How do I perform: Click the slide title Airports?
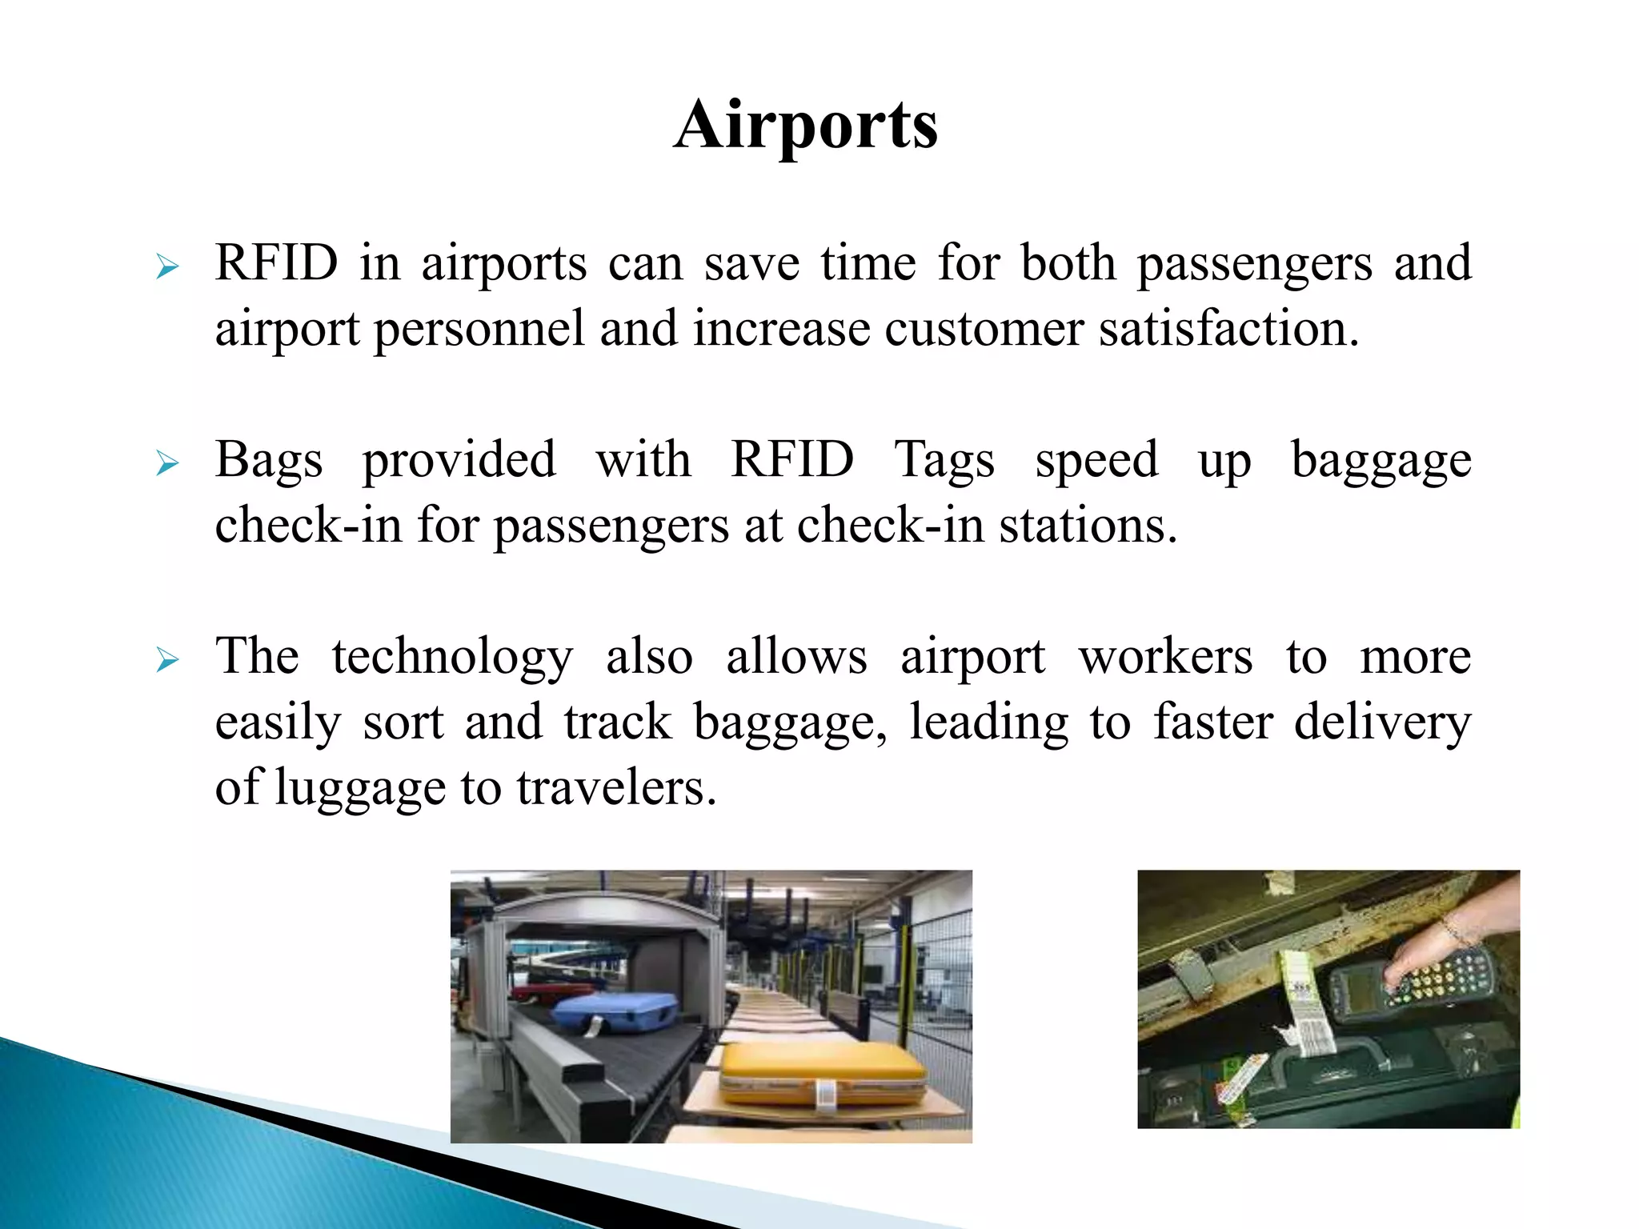coord(805,126)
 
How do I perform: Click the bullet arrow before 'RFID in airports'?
coord(167,266)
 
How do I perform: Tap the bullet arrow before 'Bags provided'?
coord(167,463)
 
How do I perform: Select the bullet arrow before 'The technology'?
coord(167,660)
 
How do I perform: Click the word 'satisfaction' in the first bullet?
coord(1228,329)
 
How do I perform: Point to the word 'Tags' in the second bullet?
coord(944,461)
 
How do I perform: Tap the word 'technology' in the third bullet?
coord(453,658)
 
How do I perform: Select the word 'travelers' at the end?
coord(616,788)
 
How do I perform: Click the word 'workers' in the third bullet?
coord(1165,658)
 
